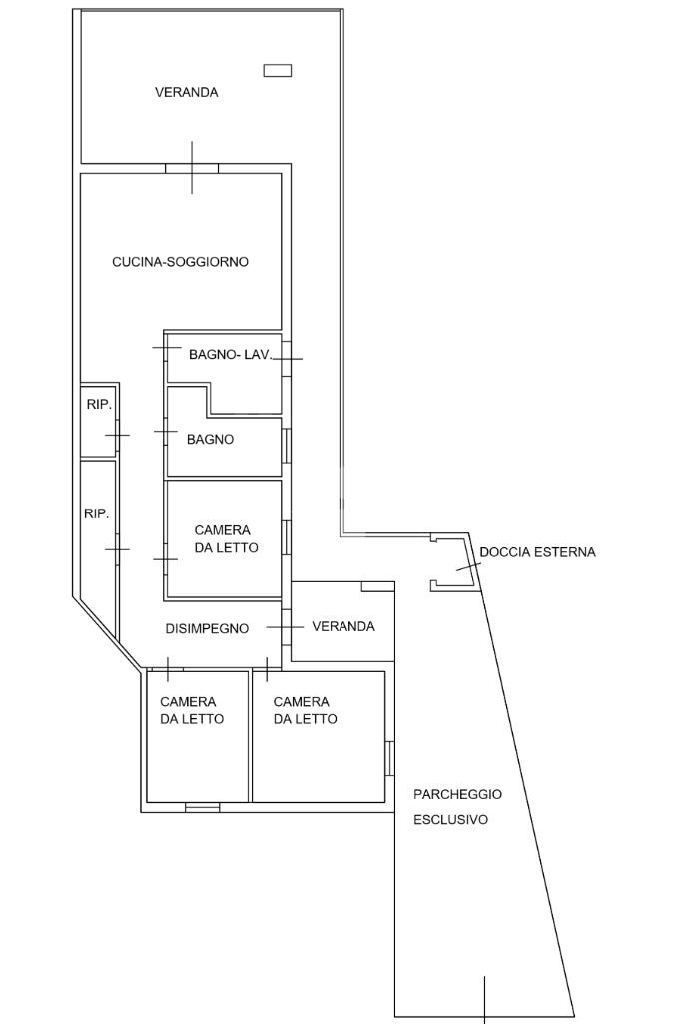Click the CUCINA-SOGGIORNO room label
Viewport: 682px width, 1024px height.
click(x=180, y=262)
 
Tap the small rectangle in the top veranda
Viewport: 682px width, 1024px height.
click(x=277, y=70)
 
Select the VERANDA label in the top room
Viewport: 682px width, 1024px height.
click(x=186, y=92)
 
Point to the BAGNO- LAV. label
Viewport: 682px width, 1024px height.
click(x=230, y=354)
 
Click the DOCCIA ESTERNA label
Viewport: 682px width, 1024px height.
click(x=537, y=552)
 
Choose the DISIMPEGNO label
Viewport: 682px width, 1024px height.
click(x=207, y=628)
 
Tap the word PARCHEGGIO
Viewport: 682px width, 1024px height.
click(x=457, y=794)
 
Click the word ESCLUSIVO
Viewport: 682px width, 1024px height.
click(x=451, y=820)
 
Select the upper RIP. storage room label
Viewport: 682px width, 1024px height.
click(x=98, y=405)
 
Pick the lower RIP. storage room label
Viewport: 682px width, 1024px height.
click(x=96, y=513)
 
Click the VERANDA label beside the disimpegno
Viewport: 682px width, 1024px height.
click(x=343, y=626)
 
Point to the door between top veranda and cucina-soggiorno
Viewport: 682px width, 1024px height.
click(x=192, y=167)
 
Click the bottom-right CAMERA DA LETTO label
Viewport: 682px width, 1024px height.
click(x=305, y=710)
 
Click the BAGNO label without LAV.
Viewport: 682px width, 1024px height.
click(x=210, y=439)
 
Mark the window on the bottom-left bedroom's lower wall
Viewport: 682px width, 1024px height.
click(x=202, y=807)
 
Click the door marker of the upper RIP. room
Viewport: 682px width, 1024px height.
click(x=117, y=436)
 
